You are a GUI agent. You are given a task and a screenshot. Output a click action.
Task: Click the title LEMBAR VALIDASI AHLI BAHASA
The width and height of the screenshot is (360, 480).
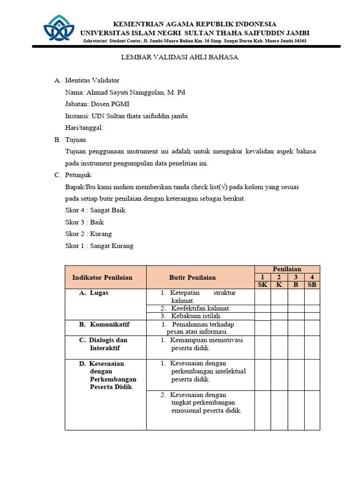click(180, 57)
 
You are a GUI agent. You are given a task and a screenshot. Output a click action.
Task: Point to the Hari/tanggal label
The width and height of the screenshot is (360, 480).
click(84, 127)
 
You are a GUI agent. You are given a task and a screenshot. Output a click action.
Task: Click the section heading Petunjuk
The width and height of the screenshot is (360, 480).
click(78, 175)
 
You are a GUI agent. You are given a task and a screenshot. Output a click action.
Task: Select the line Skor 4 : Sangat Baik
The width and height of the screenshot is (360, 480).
click(95, 210)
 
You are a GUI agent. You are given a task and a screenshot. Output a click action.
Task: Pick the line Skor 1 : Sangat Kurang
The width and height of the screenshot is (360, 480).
click(99, 246)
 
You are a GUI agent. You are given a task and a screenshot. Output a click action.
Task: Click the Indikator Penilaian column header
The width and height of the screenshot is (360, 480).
click(102, 277)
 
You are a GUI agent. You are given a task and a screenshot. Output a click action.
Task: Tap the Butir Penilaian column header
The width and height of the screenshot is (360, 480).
click(193, 277)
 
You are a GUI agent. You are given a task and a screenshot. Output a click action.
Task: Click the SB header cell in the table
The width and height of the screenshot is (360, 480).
click(312, 285)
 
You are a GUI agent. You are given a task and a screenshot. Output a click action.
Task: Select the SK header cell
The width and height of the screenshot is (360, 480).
click(262, 285)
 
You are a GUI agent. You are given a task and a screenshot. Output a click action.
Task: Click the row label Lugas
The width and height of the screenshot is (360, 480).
click(99, 293)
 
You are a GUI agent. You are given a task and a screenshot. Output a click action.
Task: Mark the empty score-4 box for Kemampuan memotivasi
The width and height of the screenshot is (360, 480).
click(312, 347)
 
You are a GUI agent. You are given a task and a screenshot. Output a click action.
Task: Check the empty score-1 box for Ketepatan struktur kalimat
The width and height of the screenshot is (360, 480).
click(262, 296)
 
